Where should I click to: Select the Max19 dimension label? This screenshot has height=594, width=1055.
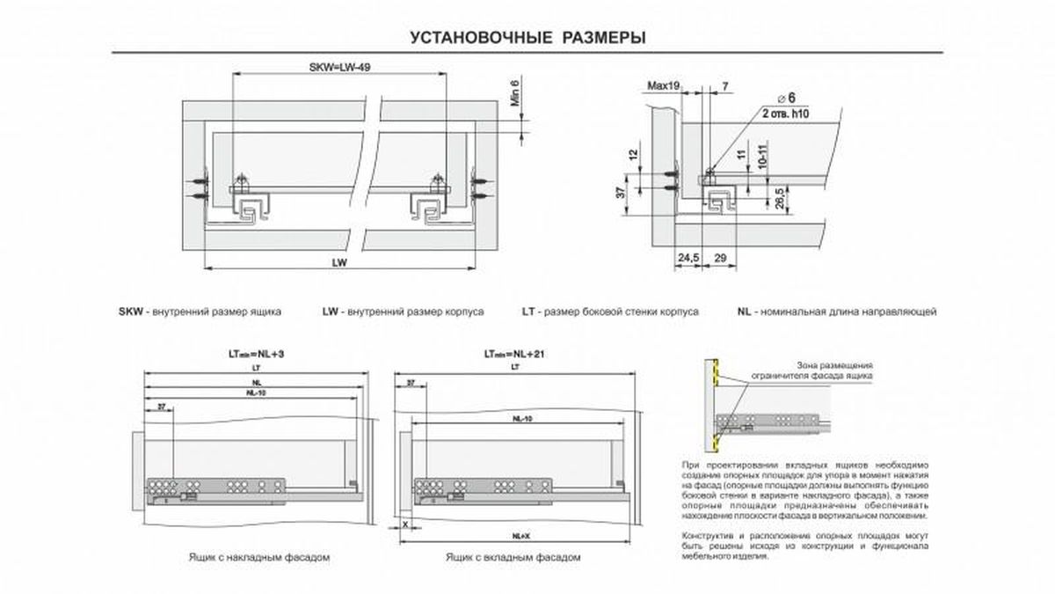(664, 85)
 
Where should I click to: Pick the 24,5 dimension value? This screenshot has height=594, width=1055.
(688, 257)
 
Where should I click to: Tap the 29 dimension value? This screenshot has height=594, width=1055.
(720, 257)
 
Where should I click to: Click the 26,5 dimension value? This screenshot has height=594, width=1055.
(780, 193)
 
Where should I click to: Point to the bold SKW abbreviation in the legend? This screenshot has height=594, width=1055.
(129, 312)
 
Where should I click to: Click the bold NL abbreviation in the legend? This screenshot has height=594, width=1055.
(744, 312)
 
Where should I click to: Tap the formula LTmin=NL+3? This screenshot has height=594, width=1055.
(256, 354)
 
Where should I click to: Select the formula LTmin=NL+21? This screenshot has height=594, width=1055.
(514, 354)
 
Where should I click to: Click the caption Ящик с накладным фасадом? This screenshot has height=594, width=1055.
(258, 558)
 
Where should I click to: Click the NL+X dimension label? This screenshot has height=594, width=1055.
(520, 535)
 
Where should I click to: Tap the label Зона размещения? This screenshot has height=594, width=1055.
(834, 363)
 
